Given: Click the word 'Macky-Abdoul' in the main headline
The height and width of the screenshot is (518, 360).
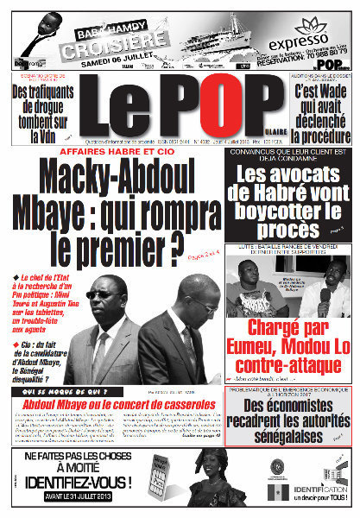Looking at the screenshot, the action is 121,177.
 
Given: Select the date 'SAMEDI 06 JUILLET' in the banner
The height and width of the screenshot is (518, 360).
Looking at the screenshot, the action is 127,61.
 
